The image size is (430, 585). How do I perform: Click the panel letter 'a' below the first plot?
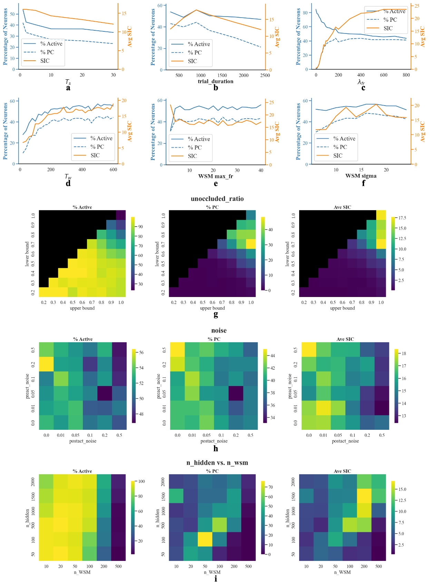[68, 88]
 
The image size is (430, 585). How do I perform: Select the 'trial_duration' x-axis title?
[215, 81]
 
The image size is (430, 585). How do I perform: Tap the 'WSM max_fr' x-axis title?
[215, 176]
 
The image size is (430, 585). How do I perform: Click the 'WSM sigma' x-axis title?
[361, 176]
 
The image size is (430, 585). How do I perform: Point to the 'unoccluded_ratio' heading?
[217, 199]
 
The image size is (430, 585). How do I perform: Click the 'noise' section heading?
[219, 330]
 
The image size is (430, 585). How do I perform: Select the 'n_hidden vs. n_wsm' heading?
[217, 463]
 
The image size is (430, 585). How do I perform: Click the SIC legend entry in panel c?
[388, 28]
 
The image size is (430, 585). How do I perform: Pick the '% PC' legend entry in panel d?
[97, 147]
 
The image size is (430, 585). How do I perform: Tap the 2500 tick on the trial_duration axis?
[265, 75]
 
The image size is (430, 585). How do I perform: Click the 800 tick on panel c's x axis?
[406, 75]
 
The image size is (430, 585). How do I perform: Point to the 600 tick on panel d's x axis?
[113, 170]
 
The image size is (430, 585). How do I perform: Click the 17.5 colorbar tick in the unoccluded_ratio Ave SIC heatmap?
[402, 218]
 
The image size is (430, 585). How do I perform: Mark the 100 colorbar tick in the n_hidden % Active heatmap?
[141, 482]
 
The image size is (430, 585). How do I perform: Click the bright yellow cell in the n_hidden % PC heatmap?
[205, 539]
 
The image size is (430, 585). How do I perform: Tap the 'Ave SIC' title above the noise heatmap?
[345, 339]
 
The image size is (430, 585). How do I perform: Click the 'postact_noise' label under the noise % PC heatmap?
[214, 441]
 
